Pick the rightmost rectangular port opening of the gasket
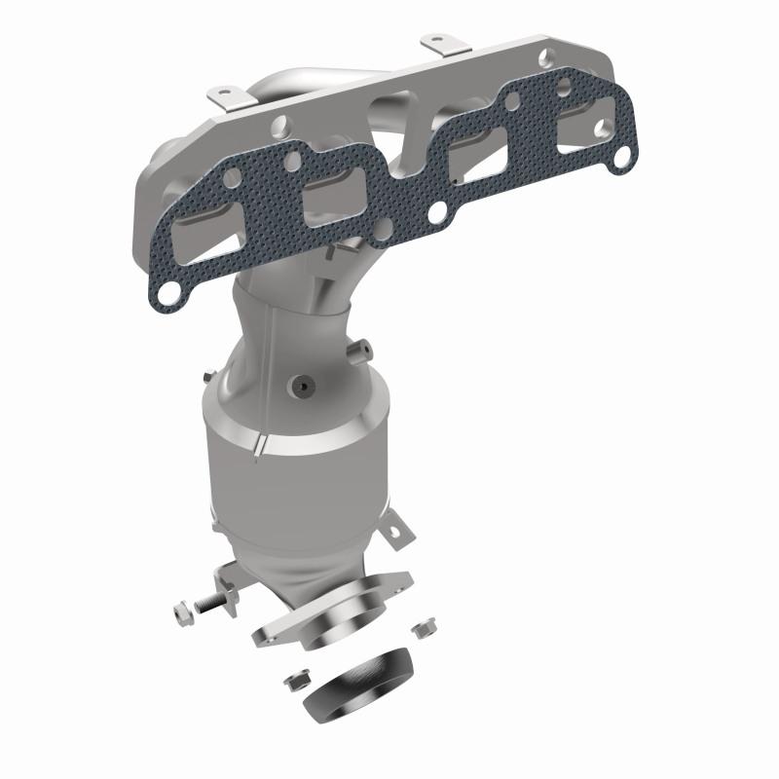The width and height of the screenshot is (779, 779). [561, 126]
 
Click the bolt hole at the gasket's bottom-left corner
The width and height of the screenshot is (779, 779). [167, 289]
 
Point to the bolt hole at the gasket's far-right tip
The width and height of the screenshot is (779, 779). [619, 157]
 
